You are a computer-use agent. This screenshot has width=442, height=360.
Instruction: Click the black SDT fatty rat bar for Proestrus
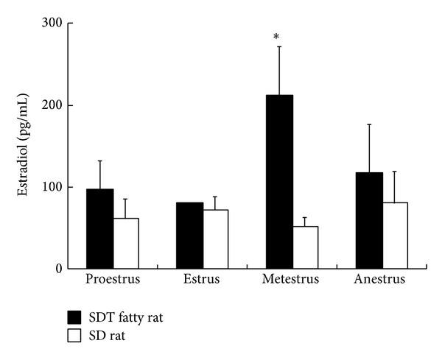pyautogui.click(x=99, y=229)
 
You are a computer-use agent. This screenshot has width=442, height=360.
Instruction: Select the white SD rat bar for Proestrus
pyautogui.click(x=125, y=243)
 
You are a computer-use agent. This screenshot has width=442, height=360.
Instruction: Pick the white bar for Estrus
pyautogui.click(x=215, y=239)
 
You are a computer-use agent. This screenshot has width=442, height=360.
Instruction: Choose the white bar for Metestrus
pyautogui.click(x=305, y=247)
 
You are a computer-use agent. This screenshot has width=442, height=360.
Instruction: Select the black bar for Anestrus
pyautogui.click(x=368, y=221)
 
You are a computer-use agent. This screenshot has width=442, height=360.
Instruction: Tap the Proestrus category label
pyautogui.click(x=112, y=280)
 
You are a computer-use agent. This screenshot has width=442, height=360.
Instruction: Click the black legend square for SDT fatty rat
pyautogui.click(x=74, y=317)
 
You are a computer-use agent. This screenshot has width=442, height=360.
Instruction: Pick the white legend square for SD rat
pyautogui.click(x=74, y=335)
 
